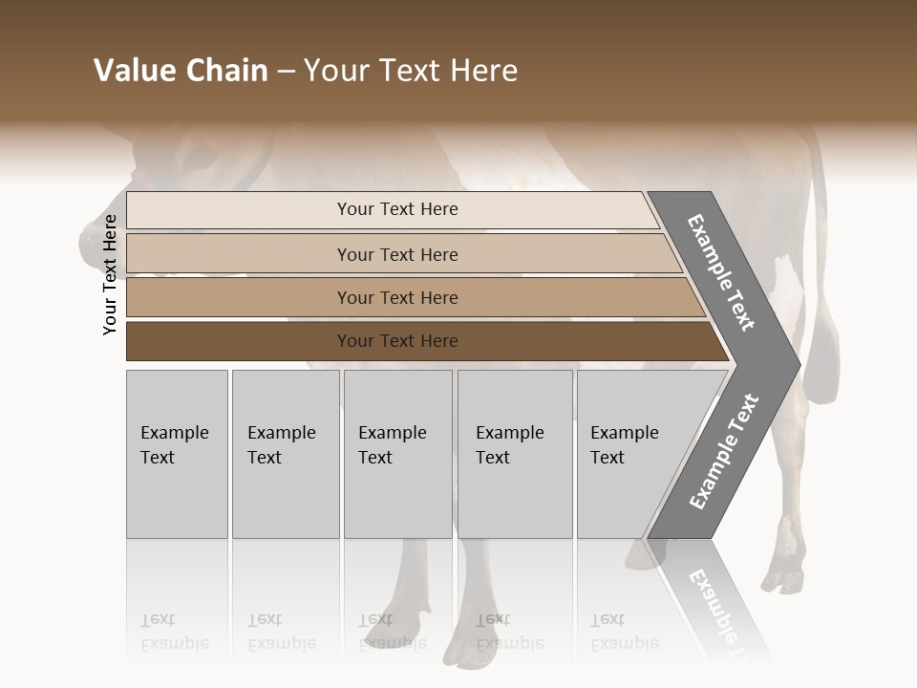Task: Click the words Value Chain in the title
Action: click(181, 71)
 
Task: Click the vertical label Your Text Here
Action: click(110, 274)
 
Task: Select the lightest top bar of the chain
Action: click(239, 210)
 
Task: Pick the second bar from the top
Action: click(239, 254)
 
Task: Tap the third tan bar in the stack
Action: click(239, 297)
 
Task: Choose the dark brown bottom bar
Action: click(239, 341)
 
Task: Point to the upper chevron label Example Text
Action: click(721, 272)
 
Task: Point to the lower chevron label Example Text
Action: click(723, 452)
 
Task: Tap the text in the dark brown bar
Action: click(397, 341)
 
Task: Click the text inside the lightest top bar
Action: click(397, 209)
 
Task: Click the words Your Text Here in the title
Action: click(411, 71)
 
